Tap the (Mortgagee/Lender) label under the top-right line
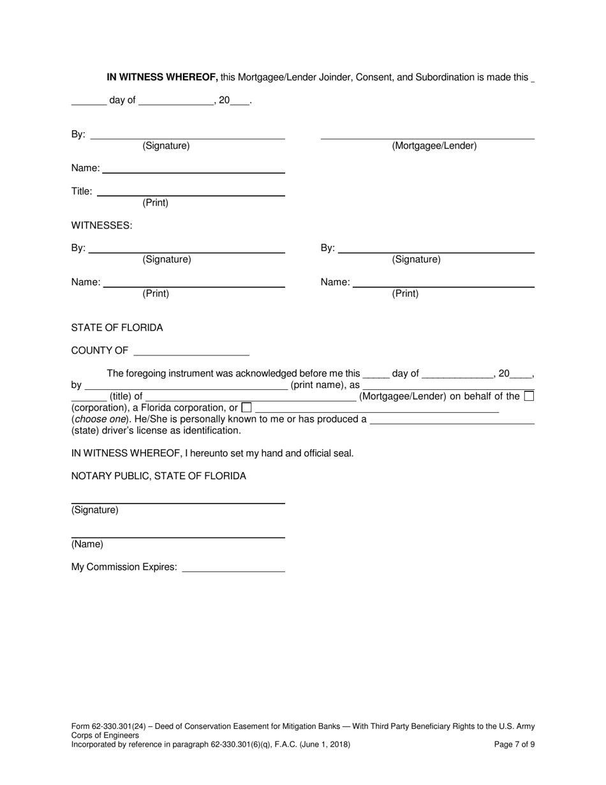point(434,146)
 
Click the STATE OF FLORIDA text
point(117,328)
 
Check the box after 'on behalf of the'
point(529,396)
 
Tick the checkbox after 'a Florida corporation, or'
point(247,407)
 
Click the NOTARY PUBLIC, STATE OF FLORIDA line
point(158,476)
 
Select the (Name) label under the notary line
point(87,544)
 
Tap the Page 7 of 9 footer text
point(515,744)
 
